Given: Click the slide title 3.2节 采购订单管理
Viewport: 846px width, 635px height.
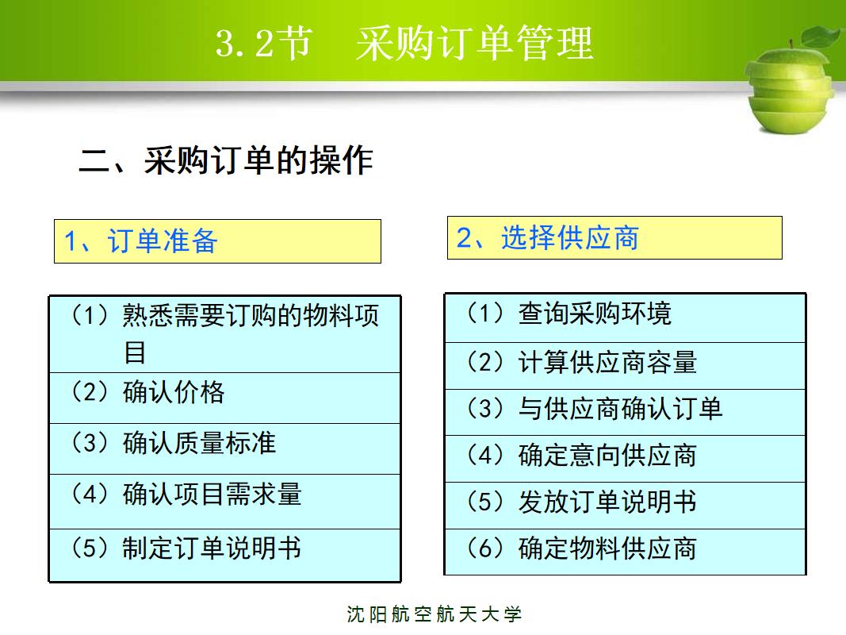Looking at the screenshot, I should tap(404, 44).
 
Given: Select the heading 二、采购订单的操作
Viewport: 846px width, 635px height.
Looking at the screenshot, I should tap(226, 160).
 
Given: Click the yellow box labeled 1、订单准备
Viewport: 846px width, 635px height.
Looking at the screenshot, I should tap(217, 241).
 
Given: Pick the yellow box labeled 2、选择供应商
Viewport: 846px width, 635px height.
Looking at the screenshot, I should tap(614, 237).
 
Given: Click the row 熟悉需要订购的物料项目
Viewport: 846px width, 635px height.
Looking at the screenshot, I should tap(225, 334).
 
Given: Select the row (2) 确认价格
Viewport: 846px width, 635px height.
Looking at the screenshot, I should tap(225, 397).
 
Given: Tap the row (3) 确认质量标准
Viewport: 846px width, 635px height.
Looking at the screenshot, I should tap(225, 448).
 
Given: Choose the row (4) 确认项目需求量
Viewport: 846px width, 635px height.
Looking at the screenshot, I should tap(225, 501).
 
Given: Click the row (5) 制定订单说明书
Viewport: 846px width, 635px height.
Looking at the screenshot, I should tap(225, 554).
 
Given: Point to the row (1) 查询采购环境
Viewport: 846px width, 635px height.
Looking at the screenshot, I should tap(625, 318).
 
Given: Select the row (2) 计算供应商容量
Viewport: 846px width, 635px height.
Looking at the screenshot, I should tap(625, 366).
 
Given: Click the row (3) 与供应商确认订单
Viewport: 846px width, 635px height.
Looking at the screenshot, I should tap(625, 412).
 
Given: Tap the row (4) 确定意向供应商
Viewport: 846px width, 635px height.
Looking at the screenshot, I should tap(625, 459).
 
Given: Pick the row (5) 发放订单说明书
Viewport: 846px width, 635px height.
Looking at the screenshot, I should tap(625, 505).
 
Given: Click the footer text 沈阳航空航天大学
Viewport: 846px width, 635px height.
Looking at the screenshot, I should tap(434, 614).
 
